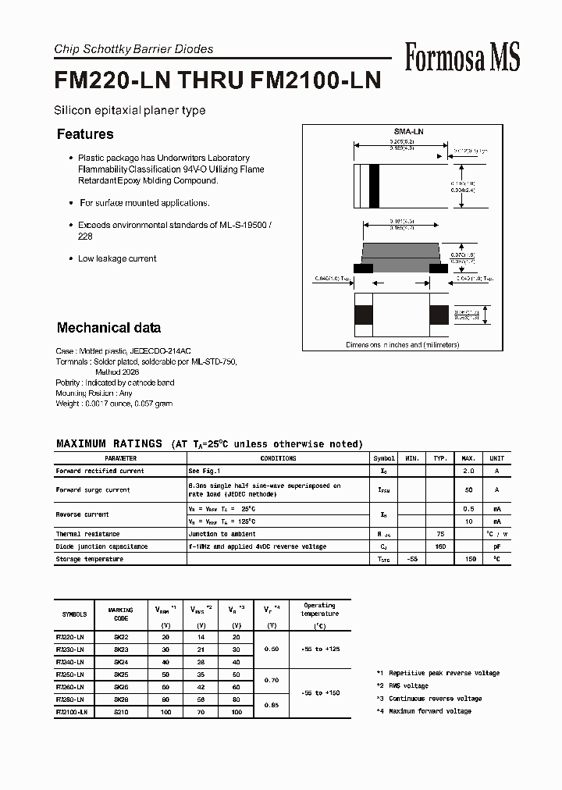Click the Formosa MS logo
click(x=462, y=58)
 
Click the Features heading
click(x=85, y=134)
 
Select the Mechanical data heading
click(x=108, y=328)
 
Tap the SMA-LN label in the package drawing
click(x=407, y=133)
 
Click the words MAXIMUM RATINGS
click(x=109, y=443)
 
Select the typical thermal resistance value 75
click(x=441, y=534)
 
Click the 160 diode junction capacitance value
click(x=441, y=546)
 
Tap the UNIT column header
click(x=496, y=458)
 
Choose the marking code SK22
click(x=121, y=638)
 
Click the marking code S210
click(x=121, y=712)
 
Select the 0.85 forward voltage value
click(x=272, y=706)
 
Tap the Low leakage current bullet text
click(x=117, y=258)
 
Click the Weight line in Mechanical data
click(x=114, y=404)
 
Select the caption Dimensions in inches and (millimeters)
click(x=403, y=344)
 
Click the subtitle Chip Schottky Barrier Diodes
click(x=133, y=49)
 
